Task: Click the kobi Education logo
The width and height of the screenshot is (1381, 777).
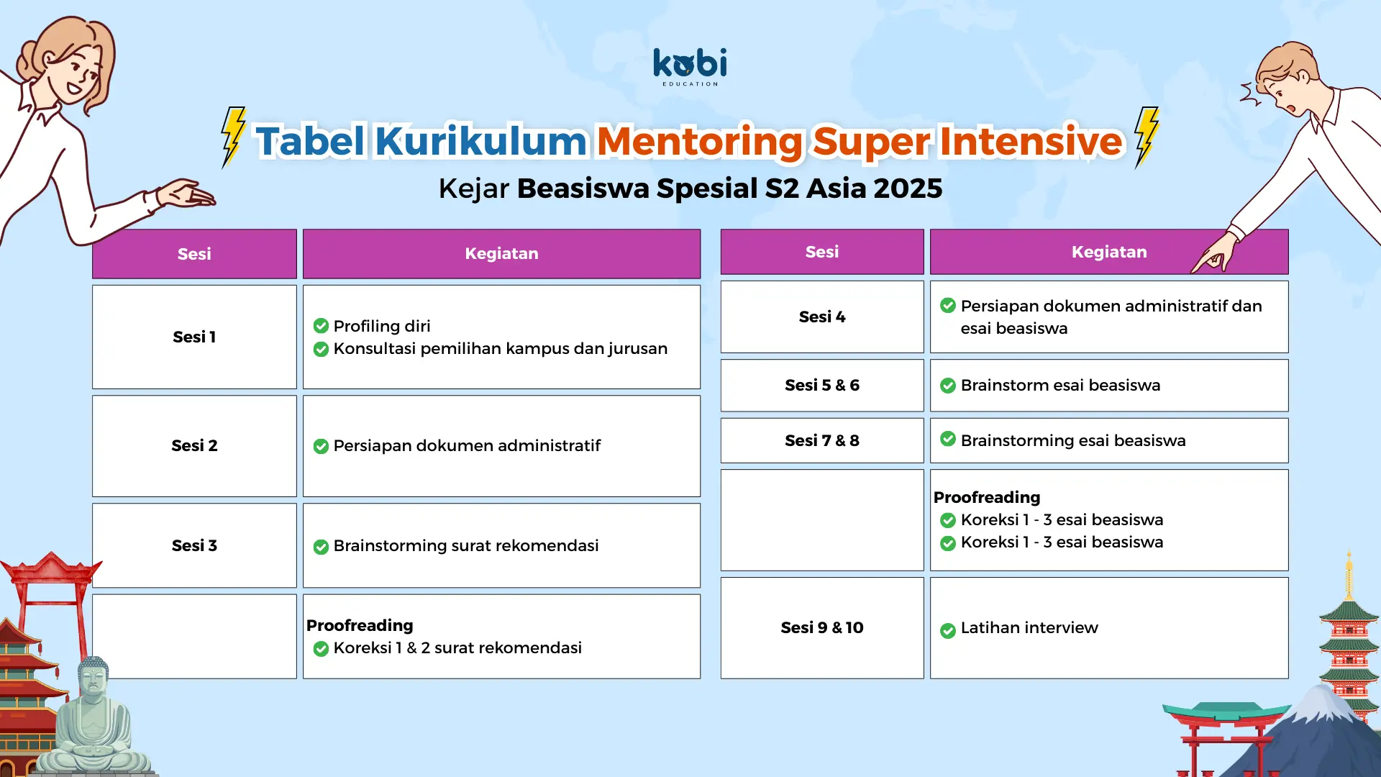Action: tap(690, 67)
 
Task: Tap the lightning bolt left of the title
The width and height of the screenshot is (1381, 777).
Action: tap(233, 137)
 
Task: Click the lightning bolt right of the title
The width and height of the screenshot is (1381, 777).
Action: tap(1147, 137)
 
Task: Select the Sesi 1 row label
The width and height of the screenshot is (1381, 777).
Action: tap(194, 337)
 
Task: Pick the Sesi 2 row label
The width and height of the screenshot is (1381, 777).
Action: tap(194, 445)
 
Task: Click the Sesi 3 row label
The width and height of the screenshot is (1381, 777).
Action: tap(194, 545)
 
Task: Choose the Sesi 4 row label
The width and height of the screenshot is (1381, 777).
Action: tap(822, 317)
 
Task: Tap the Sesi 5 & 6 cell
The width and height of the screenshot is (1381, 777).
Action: tap(822, 385)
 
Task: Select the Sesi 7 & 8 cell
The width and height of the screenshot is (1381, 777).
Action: tap(822, 440)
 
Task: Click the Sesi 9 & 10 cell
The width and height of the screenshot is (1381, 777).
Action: tap(822, 627)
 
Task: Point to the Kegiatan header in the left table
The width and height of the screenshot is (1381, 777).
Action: tap(501, 253)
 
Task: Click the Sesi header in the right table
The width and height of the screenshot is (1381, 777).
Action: tap(822, 252)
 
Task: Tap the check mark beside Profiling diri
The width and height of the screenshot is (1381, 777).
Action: tap(321, 326)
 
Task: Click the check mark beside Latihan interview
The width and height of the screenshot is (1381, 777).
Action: tap(948, 631)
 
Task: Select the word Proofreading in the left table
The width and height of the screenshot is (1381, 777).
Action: tap(360, 625)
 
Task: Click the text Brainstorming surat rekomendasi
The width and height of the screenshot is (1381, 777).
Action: tap(466, 545)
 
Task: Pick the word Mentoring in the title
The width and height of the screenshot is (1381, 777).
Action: tap(699, 141)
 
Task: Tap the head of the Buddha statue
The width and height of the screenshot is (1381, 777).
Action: tap(93, 676)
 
